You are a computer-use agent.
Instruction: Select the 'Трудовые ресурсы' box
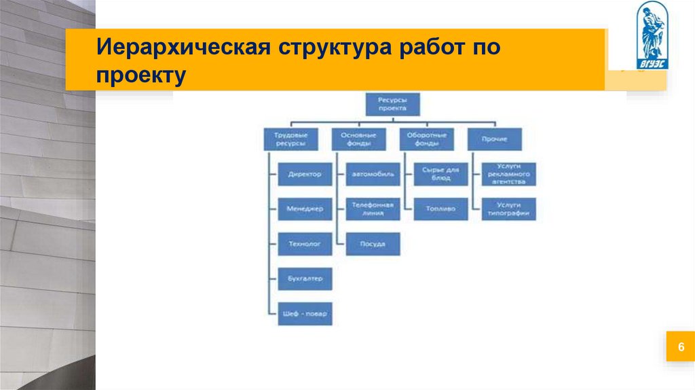pyautogui.click(x=290, y=139)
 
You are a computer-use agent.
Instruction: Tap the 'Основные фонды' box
pyautogui.click(x=358, y=139)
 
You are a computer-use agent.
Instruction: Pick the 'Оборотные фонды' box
pyautogui.click(x=426, y=139)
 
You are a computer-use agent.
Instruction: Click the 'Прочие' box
pyautogui.click(x=494, y=139)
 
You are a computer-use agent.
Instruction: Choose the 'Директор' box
pyautogui.click(x=305, y=174)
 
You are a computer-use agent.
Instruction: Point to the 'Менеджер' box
pyautogui.click(x=305, y=209)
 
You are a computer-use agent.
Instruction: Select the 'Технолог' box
pyautogui.click(x=305, y=243)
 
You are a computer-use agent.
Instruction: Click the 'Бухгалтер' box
pyautogui.click(x=305, y=278)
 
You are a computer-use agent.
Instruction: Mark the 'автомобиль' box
pyautogui.click(x=373, y=174)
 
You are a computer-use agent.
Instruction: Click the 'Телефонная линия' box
pyautogui.click(x=373, y=209)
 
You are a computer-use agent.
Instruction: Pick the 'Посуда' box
pyautogui.click(x=373, y=243)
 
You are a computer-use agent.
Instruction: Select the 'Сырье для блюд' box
pyautogui.click(x=440, y=174)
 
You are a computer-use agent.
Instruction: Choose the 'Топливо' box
pyautogui.click(x=440, y=209)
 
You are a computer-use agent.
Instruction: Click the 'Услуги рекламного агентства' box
pyautogui.click(x=508, y=174)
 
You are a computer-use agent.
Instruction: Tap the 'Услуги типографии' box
pyautogui.click(x=508, y=209)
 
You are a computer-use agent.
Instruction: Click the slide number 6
pyautogui.click(x=679, y=347)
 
